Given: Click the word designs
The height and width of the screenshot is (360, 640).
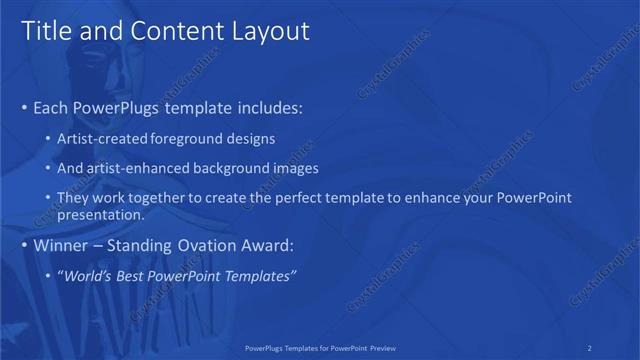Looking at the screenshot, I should pyautogui.click(x=251, y=138).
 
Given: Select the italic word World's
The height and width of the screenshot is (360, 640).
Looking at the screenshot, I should pyautogui.click(x=92, y=275).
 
